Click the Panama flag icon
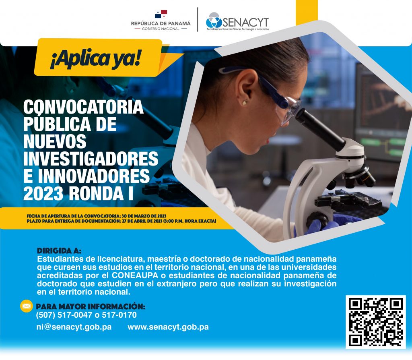tap(161, 14)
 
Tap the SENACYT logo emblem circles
tap(214, 20)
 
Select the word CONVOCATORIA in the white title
tap(84, 107)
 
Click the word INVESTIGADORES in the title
tap(91, 159)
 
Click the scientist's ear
tap(247, 89)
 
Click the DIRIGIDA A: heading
tap(59, 250)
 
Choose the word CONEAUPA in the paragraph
tap(135, 275)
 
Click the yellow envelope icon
tap(26, 306)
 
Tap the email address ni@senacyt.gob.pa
tap(74, 327)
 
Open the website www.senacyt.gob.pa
tap(168, 327)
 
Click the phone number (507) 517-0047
tap(64, 315)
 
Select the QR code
tap(376, 322)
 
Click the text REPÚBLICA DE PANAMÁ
tap(161, 23)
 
